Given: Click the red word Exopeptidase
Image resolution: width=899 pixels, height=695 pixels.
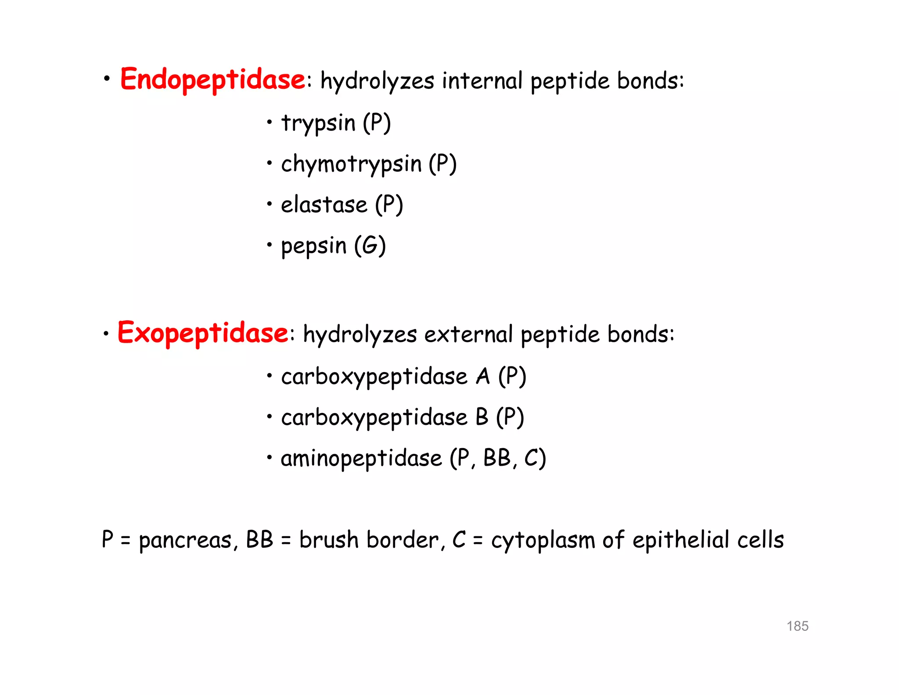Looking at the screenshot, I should click(x=202, y=333).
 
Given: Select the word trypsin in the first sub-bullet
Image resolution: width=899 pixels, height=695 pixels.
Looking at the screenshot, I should click(x=318, y=123).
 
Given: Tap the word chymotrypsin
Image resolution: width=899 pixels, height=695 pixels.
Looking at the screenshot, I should click(x=351, y=164).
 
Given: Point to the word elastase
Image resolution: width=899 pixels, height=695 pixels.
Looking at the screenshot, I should click(x=324, y=205).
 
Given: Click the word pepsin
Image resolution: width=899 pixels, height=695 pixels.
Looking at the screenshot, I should click(x=313, y=246).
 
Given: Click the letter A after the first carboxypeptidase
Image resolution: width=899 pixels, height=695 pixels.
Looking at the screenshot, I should click(x=483, y=376).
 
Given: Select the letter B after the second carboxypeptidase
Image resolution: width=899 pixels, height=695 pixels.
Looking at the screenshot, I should click(x=482, y=417).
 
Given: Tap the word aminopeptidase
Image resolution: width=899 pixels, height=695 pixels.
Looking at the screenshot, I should click(x=361, y=459).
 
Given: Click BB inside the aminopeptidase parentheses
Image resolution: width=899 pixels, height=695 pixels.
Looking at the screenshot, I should click(x=497, y=458).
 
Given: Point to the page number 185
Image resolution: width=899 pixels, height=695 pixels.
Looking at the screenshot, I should click(x=797, y=626).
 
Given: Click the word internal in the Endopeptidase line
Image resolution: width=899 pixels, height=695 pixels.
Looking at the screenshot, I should click(x=482, y=81).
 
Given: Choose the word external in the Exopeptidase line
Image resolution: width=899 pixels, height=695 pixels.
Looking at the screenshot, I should click(x=468, y=334).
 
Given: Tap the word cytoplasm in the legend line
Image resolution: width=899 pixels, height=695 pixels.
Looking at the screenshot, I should click(x=543, y=540).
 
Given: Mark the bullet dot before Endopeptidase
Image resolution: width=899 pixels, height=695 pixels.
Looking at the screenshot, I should click(x=107, y=79).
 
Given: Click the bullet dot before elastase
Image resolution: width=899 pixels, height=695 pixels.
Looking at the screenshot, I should click(x=269, y=203).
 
